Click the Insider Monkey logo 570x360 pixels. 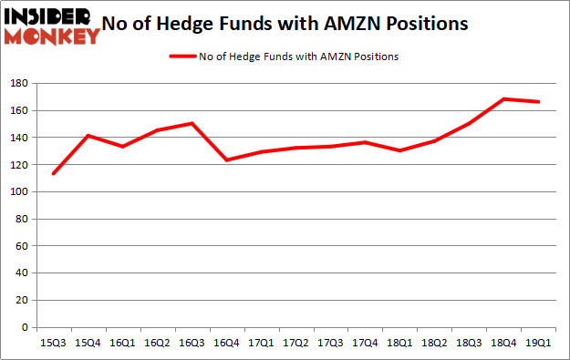[x=52, y=26]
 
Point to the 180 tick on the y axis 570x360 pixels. [x=18, y=84]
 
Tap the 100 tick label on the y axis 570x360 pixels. [x=18, y=192]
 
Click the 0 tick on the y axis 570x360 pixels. [x=24, y=327]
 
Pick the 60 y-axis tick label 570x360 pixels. [x=21, y=246]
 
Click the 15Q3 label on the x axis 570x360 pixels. [x=52, y=344]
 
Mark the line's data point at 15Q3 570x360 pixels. [x=53, y=174]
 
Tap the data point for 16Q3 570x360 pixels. [x=192, y=123]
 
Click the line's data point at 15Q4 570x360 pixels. [x=88, y=136]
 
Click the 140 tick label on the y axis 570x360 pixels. [x=18, y=138]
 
